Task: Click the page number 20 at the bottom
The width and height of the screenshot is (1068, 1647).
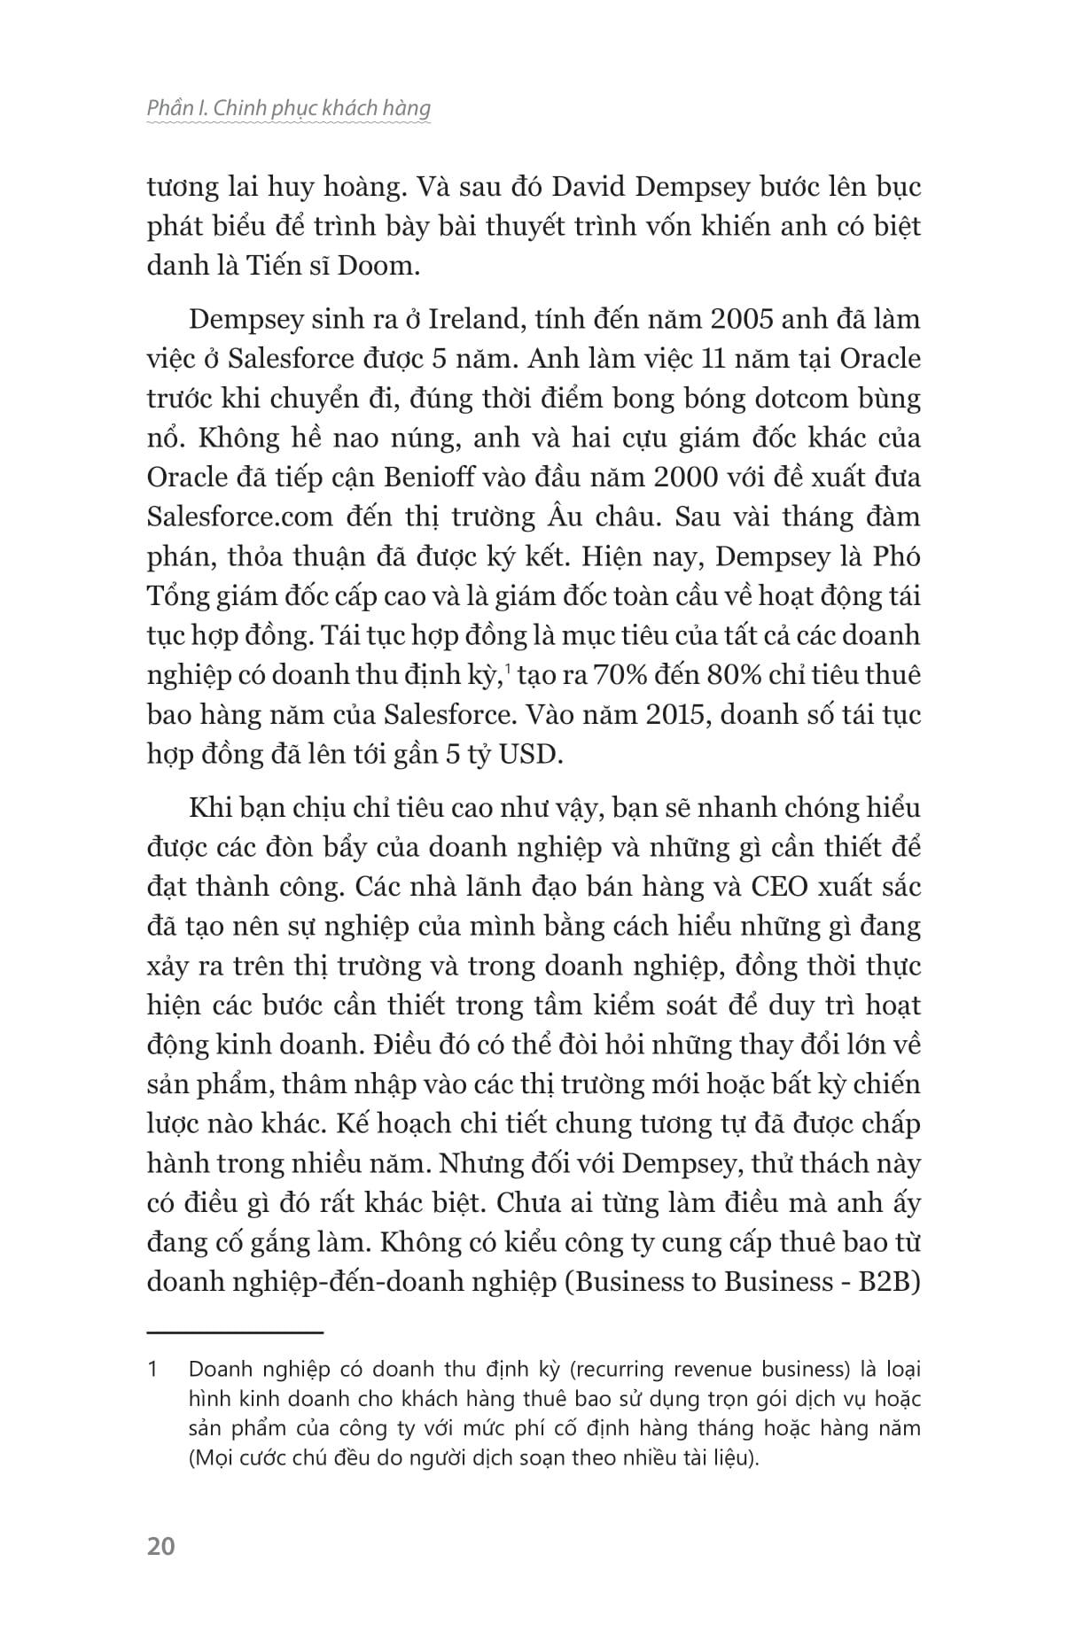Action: click(161, 1546)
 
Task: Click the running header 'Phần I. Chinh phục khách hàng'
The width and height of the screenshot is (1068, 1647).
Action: click(288, 108)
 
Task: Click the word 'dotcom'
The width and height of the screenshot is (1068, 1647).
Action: click(769, 399)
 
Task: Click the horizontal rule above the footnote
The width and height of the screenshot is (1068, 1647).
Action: click(235, 1332)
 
